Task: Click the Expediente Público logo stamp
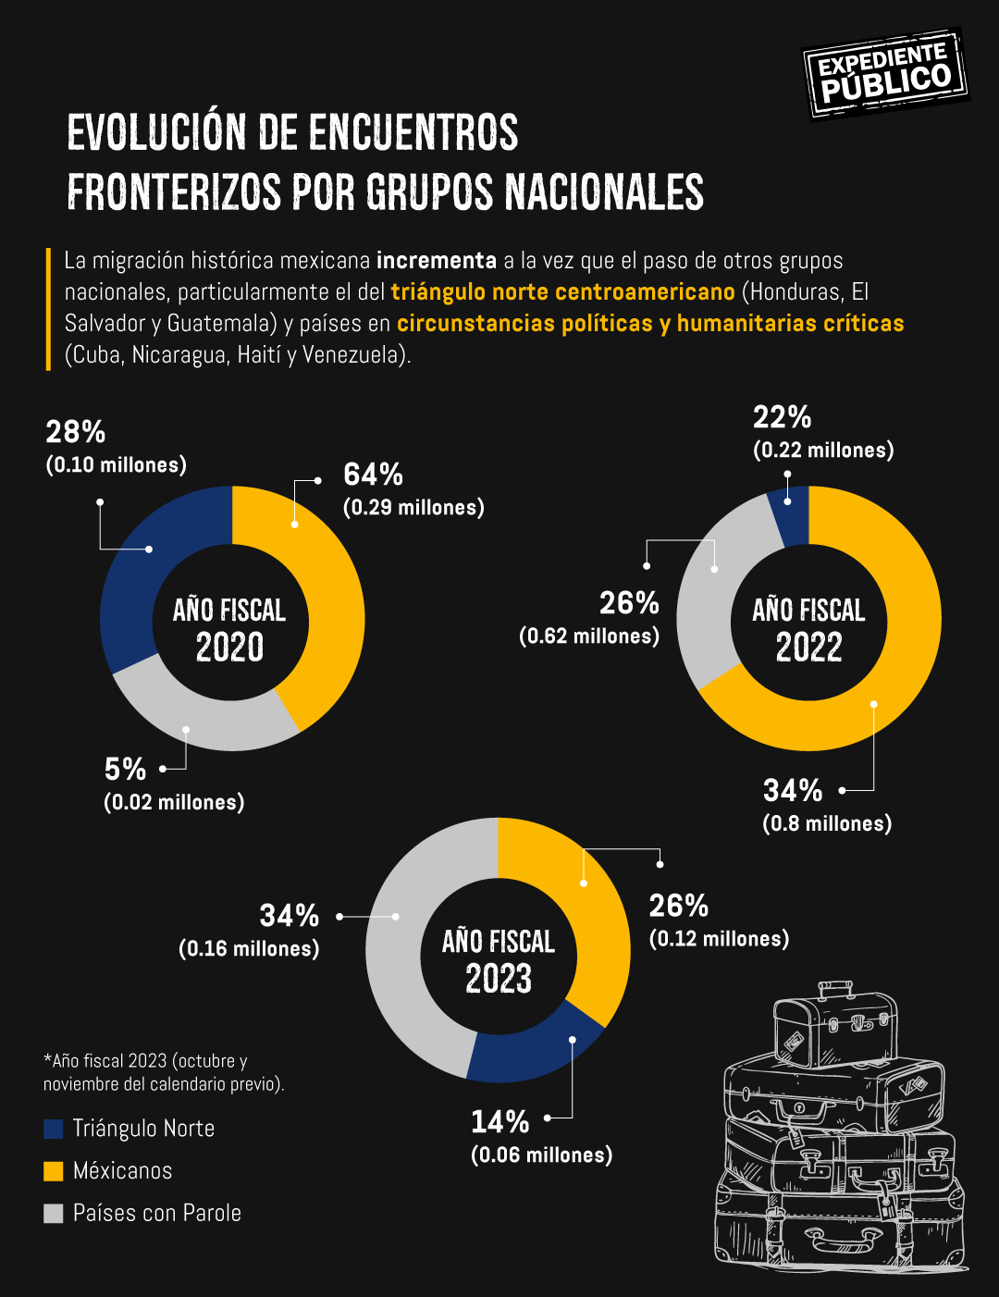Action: click(884, 73)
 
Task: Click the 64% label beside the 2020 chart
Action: click(373, 476)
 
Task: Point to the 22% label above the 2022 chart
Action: click(782, 418)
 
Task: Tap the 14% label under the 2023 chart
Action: click(500, 1122)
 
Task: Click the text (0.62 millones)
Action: click(589, 636)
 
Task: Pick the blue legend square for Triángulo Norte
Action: click(54, 1129)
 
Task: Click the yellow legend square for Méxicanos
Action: click(54, 1171)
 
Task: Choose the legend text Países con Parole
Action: click(156, 1213)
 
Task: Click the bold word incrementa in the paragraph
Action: click(437, 261)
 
